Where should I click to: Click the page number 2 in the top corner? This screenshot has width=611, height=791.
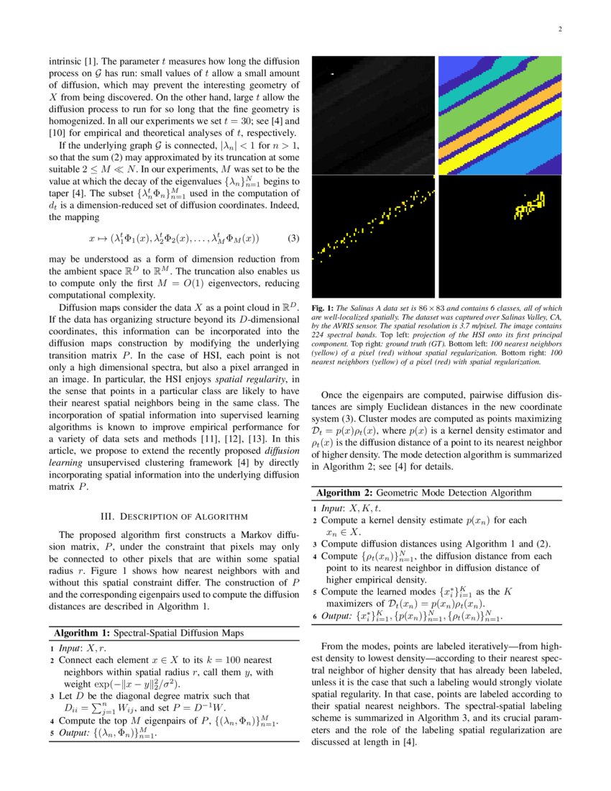[559, 29]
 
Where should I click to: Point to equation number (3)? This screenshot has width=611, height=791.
[293, 238]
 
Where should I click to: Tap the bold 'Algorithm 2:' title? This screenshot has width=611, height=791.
[344, 493]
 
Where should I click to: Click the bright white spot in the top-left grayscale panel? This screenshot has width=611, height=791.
[332, 74]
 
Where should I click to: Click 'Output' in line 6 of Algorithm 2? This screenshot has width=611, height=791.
[338, 616]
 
